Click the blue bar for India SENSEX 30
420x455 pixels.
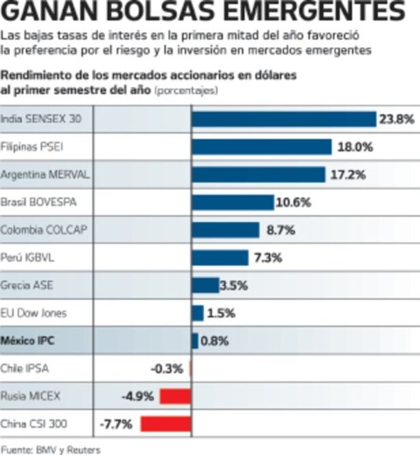click(284, 119)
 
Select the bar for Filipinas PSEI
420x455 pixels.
click(261, 147)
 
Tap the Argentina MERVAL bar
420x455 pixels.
click(258, 175)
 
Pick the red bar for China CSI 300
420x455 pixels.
click(166, 424)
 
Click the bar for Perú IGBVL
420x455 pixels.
click(220, 258)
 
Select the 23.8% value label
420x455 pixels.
click(396, 119)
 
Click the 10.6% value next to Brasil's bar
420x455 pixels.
click(293, 202)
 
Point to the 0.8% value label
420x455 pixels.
click(214, 341)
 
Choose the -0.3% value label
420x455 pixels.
click(167, 369)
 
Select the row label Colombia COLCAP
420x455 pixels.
click(44, 230)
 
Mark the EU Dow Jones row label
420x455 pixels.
click(33, 313)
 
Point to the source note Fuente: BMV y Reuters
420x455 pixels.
click(50, 449)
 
